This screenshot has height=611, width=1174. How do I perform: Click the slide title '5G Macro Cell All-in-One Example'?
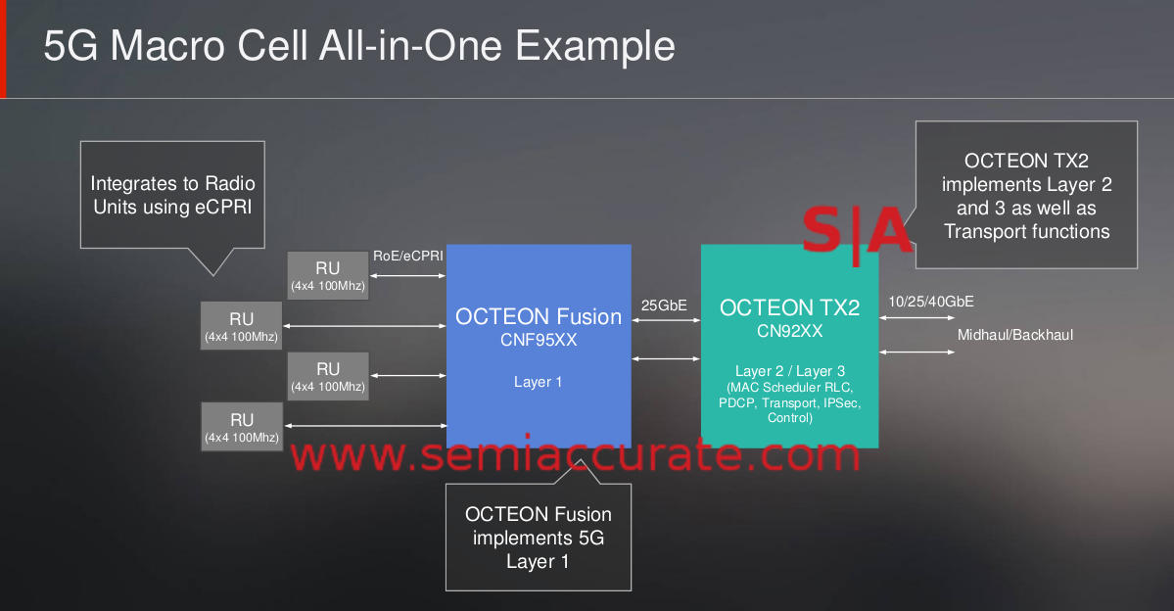pos(359,46)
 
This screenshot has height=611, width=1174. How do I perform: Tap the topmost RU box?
pos(328,275)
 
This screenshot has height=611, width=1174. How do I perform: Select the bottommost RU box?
pos(242,427)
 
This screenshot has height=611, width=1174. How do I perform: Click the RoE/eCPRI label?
pos(408,257)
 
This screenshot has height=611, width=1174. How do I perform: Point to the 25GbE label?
pos(664,305)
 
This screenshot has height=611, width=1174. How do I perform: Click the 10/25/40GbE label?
pos(930,302)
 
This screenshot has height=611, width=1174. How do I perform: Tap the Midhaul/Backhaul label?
pos(1015,335)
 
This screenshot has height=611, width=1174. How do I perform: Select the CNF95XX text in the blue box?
pos(539,340)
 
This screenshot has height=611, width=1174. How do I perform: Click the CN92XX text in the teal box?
pos(790,331)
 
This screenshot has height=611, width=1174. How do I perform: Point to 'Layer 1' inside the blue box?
pos(538,382)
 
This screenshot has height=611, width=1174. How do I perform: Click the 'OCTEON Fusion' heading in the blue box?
pos(539,316)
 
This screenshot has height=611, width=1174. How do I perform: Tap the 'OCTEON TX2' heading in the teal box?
pos(790,307)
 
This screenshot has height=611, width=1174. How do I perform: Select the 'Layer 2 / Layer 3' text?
pos(790,371)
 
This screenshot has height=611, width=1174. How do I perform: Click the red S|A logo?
pos(857,231)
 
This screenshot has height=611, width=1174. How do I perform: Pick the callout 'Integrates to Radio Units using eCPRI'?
pos(172,196)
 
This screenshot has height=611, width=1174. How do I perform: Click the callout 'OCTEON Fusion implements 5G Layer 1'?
pos(539,538)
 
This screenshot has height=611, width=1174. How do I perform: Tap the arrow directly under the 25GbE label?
pos(667,320)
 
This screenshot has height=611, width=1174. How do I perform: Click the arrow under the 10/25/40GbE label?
pos(916,317)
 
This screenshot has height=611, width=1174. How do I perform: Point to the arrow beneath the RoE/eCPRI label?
pos(408,276)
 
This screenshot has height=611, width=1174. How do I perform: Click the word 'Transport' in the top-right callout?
pos(978,231)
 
